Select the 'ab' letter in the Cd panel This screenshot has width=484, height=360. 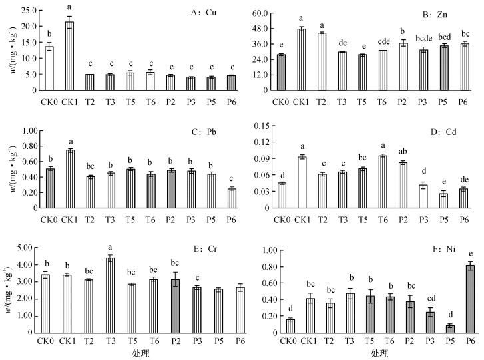tap(403, 150)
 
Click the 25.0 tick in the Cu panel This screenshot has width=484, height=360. tap(29, 11)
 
